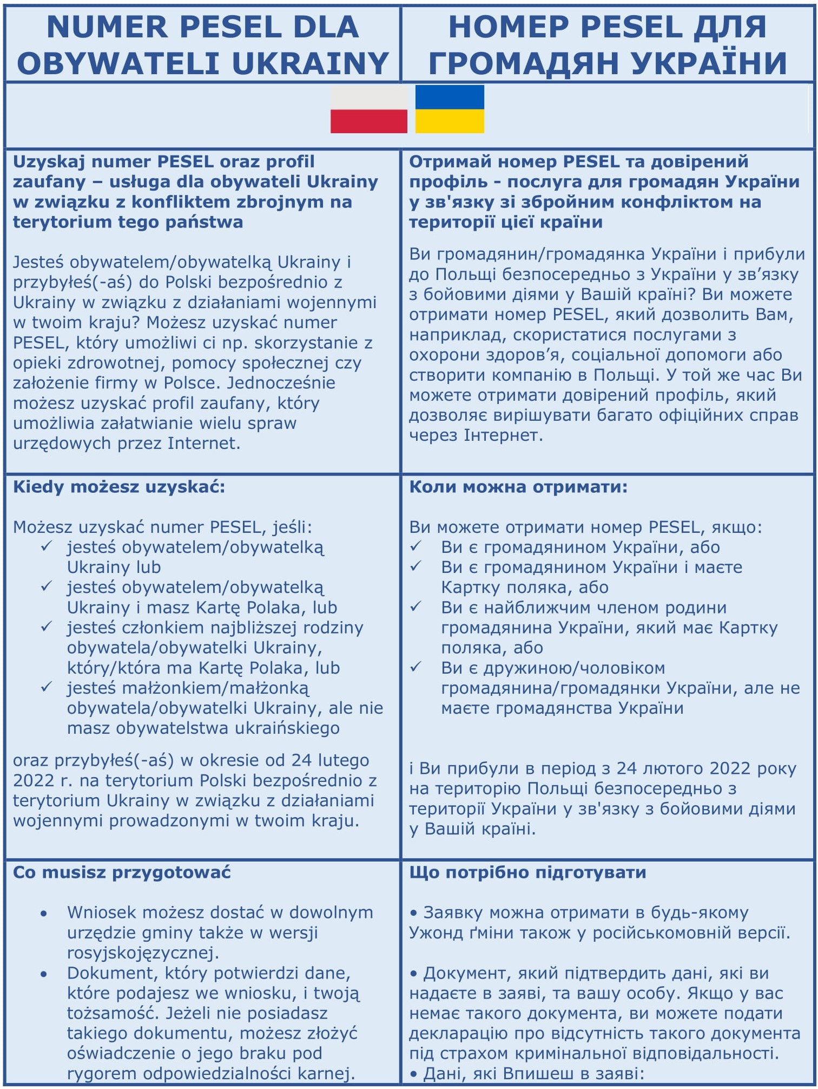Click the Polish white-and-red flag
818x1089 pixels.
368,109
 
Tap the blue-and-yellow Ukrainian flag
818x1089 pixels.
450,109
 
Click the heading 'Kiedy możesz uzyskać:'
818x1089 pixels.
118,487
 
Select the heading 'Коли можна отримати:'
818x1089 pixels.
518,487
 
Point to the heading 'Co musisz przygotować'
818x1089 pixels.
122,872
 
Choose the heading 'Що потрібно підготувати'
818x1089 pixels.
527,872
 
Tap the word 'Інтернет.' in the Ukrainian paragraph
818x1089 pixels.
503,435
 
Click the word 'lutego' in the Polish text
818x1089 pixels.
343,760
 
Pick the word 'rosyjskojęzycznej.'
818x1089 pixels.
143,953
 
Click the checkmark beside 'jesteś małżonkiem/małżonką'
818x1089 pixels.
47,687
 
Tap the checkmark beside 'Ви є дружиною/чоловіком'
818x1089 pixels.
415,667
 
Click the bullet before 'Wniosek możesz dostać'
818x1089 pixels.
44,914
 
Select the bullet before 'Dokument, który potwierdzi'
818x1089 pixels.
44,974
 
